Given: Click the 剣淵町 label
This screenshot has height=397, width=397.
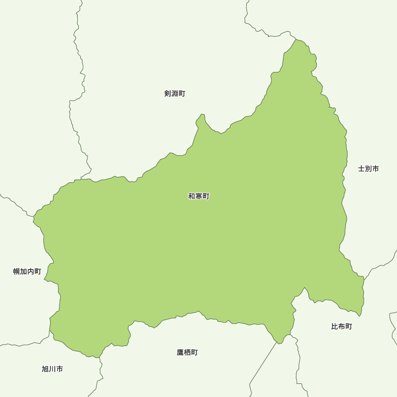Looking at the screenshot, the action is point(175,94).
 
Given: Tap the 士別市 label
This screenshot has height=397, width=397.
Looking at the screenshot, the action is point(368,169).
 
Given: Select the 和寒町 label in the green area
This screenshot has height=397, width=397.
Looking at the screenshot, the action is point(198,196).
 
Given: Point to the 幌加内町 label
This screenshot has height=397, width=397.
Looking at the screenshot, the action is point(27,272).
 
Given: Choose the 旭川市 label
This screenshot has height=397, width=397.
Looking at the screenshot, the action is point(52,369).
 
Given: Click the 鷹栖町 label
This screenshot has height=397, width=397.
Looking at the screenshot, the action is point(187,353).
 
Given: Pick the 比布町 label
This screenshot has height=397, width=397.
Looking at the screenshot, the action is point(341,327).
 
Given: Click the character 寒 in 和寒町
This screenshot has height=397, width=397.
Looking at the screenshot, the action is point(198,196).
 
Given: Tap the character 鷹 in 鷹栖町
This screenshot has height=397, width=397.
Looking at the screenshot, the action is point(180,353).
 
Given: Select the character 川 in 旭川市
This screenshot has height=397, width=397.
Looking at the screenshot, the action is point(52,369).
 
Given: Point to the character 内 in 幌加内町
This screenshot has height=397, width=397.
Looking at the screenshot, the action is point(31,272).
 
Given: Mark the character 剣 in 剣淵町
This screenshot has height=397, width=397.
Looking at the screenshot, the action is point(168,94).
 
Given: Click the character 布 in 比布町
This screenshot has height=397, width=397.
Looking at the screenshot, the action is point(341,327).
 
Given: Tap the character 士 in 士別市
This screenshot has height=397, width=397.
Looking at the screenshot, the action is point(361,169).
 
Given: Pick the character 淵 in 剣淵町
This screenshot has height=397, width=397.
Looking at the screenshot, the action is point(175,94).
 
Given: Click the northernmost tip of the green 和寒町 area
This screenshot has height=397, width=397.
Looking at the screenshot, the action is point(297,39).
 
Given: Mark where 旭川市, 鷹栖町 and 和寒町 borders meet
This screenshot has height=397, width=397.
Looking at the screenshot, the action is point(100,356).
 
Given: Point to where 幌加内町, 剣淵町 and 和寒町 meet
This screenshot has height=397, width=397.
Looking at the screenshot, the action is point(34,217).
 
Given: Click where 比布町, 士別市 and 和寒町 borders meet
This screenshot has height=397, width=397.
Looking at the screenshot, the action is point(364,277).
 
